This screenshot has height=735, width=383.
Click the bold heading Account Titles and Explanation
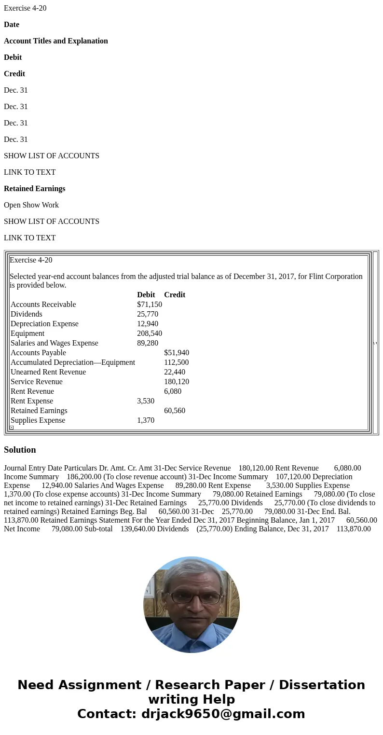tap(55, 41)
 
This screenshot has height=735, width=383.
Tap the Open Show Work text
tap(31, 205)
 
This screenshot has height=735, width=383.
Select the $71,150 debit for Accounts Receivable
tap(149, 305)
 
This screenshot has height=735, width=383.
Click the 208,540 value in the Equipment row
tap(149, 333)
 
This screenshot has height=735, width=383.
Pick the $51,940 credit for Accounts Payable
tap(177, 353)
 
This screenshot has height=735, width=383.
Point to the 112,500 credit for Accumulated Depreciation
tap(176, 362)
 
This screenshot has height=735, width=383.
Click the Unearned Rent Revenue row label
tap(48, 372)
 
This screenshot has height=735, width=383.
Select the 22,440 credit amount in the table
tap(175, 372)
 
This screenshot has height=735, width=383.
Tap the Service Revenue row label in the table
tap(37, 382)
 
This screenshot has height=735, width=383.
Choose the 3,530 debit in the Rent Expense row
tap(146, 401)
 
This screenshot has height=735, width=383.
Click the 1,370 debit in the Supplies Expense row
tap(146, 420)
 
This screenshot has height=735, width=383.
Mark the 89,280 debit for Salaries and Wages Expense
tap(148, 343)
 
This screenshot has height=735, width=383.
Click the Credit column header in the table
tap(175, 295)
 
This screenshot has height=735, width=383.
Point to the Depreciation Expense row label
tap(44, 324)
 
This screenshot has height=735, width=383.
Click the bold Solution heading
tap(20, 450)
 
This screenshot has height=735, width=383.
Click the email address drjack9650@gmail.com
tap(223, 714)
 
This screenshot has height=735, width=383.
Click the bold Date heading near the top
tap(12, 25)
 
